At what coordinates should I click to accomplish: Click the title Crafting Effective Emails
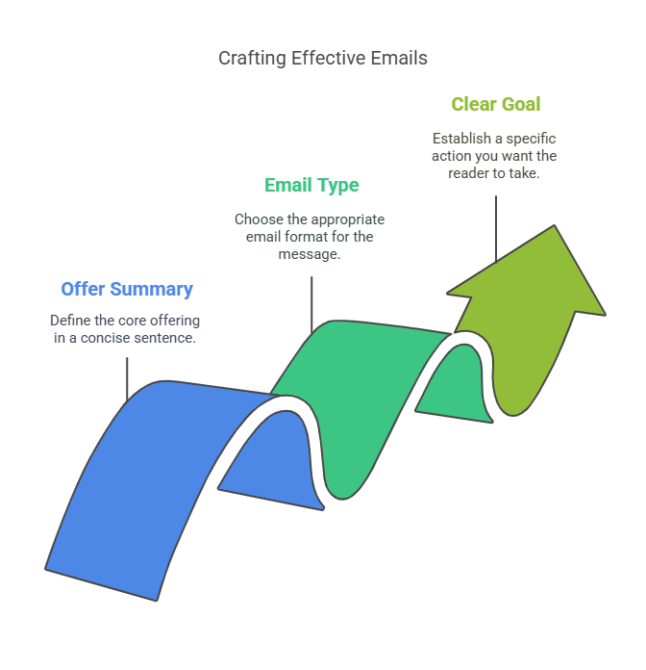click(323, 59)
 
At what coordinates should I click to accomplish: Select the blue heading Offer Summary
click(127, 290)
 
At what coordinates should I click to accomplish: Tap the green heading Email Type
click(311, 186)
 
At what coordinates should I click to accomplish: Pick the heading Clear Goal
click(496, 104)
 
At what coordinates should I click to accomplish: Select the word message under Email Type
click(310, 255)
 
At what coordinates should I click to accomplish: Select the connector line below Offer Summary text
click(127, 378)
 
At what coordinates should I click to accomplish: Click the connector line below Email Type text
click(311, 304)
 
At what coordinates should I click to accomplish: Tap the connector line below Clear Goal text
click(496, 228)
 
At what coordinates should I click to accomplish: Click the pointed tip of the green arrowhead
click(555, 225)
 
